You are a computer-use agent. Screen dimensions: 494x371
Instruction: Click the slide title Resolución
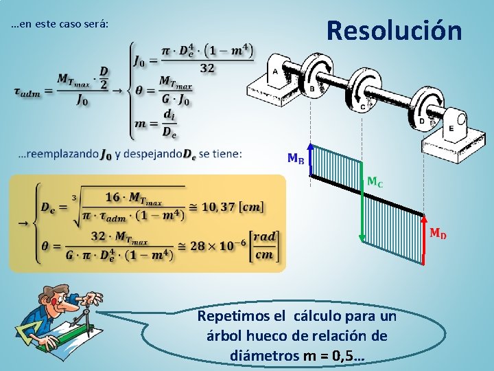(395, 31)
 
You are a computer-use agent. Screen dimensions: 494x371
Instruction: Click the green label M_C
(375, 182)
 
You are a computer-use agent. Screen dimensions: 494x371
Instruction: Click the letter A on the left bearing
(275, 71)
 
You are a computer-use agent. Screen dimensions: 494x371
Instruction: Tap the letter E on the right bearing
(451, 128)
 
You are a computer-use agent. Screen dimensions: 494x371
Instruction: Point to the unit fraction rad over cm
(263, 246)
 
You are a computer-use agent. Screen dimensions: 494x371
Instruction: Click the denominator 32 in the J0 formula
(207, 67)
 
